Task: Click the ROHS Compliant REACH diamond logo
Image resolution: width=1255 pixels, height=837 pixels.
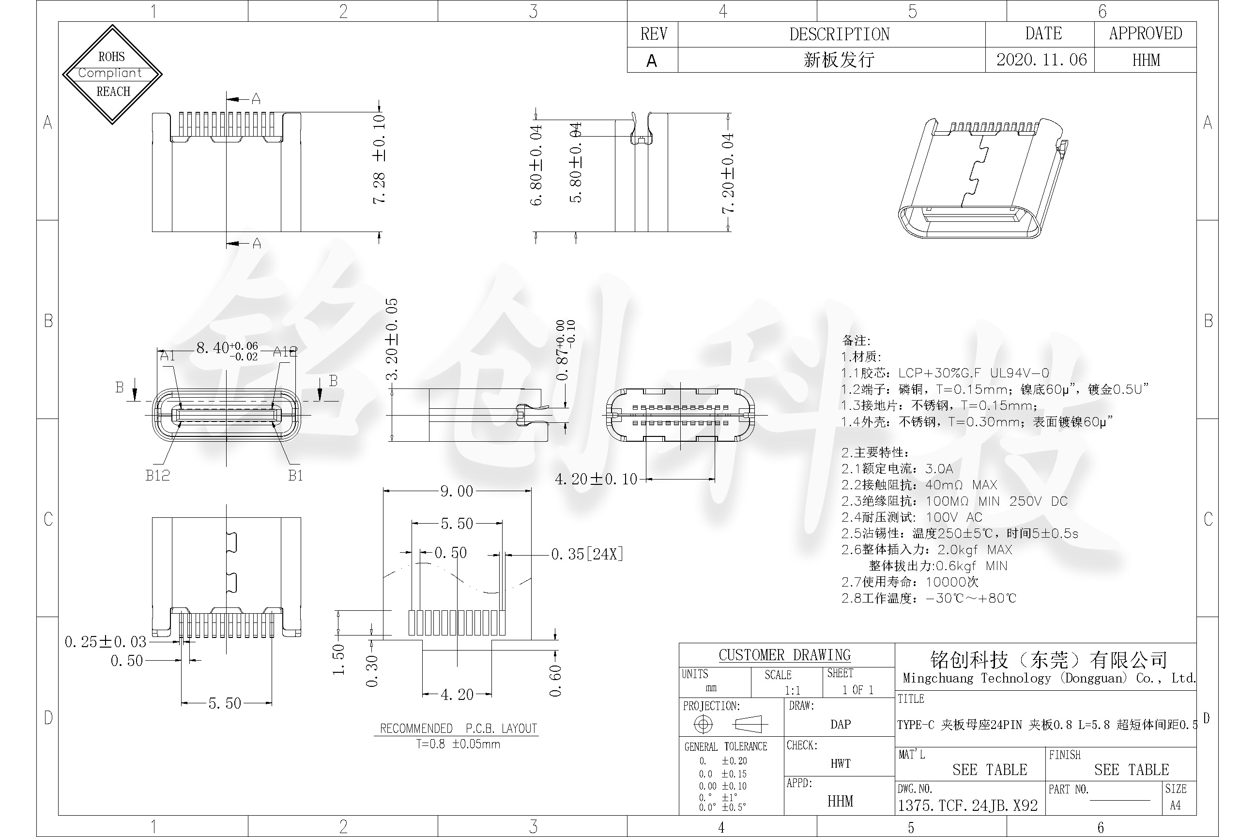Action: [x=112, y=74]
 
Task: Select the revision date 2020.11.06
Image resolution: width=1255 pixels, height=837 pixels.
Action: [x=1041, y=60]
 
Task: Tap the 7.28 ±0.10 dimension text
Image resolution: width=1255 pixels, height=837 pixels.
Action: [x=379, y=158]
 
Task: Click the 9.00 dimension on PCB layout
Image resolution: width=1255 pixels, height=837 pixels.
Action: [x=456, y=491]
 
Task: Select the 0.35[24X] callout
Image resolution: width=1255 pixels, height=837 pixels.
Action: [x=587, y=554]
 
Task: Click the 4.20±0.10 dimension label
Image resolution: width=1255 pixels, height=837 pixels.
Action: [x=596, y=480]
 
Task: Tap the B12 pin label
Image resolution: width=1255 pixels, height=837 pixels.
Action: [x=157, y=475]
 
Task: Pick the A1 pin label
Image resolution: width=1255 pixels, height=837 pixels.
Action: [x=168, y=356]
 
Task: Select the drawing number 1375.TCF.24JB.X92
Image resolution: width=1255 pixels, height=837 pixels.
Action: [x=967, y=806]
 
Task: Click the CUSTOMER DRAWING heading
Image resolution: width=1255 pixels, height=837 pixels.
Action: [x=784, y=655]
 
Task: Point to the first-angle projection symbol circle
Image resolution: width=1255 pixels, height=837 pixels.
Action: [x=703, y=724]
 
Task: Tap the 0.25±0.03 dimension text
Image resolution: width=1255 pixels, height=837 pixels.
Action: [x=105, y=642]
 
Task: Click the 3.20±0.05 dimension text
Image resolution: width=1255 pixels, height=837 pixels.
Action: [x=392, y=339]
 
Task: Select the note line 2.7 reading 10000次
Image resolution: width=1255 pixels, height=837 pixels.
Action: [x=910, y=582]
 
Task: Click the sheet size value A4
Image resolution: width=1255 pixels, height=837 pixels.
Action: [x=1175, y=806]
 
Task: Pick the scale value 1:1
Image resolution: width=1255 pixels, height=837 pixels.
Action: [x=793, y=690]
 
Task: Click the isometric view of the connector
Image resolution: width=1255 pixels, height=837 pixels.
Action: [x=982, y=178]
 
